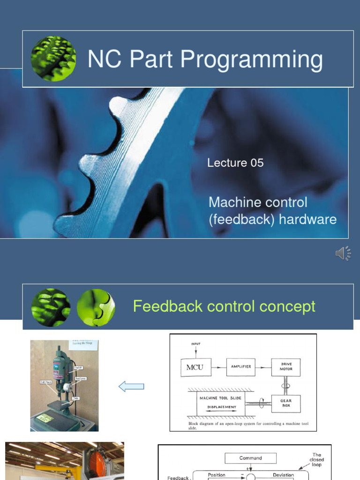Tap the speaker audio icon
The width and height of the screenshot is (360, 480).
(x=343, y=253)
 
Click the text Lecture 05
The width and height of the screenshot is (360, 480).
(x=235, y=163)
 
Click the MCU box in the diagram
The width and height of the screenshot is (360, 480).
(x=195, y=367)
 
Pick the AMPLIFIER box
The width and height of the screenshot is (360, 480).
(x=240, y=367)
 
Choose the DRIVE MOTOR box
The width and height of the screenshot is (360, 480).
(x=286, y=367)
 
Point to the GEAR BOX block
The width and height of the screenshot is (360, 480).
(x=286, y=404)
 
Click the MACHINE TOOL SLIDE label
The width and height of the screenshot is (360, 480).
(x=220, y=398)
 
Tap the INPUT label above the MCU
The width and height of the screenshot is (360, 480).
(x=195, y=344)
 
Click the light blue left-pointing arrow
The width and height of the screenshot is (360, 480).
(x=131, y=386)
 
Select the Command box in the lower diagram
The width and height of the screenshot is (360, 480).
(x=250, y=458)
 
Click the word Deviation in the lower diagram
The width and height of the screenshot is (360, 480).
(x=283, y=475)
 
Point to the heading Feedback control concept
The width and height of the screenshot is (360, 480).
(x=224, y=307)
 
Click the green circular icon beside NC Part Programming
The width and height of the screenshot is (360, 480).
(x=53, y=59)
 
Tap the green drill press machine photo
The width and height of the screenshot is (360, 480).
(x=65, y=385)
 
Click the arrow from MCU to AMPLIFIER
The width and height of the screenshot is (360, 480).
(x=218, y=367)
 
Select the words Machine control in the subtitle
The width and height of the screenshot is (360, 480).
(x=258, y=202)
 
